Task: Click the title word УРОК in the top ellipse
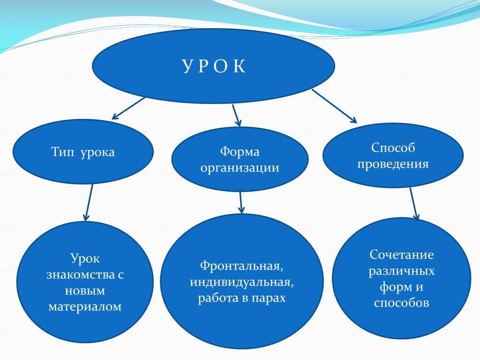214,66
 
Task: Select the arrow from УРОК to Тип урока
128,108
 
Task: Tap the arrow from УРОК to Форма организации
236,115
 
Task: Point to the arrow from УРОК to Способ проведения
334,106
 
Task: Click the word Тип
62,152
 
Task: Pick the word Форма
240,151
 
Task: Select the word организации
240,168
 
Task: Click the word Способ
393,148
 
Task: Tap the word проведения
393,164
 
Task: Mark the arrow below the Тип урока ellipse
89,202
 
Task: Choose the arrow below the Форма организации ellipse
241,202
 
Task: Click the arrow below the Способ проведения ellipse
414,204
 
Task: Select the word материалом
85,307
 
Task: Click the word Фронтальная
241,266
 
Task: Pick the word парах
269,298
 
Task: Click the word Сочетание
402,255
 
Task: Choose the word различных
402,271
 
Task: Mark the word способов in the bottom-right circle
402,303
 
